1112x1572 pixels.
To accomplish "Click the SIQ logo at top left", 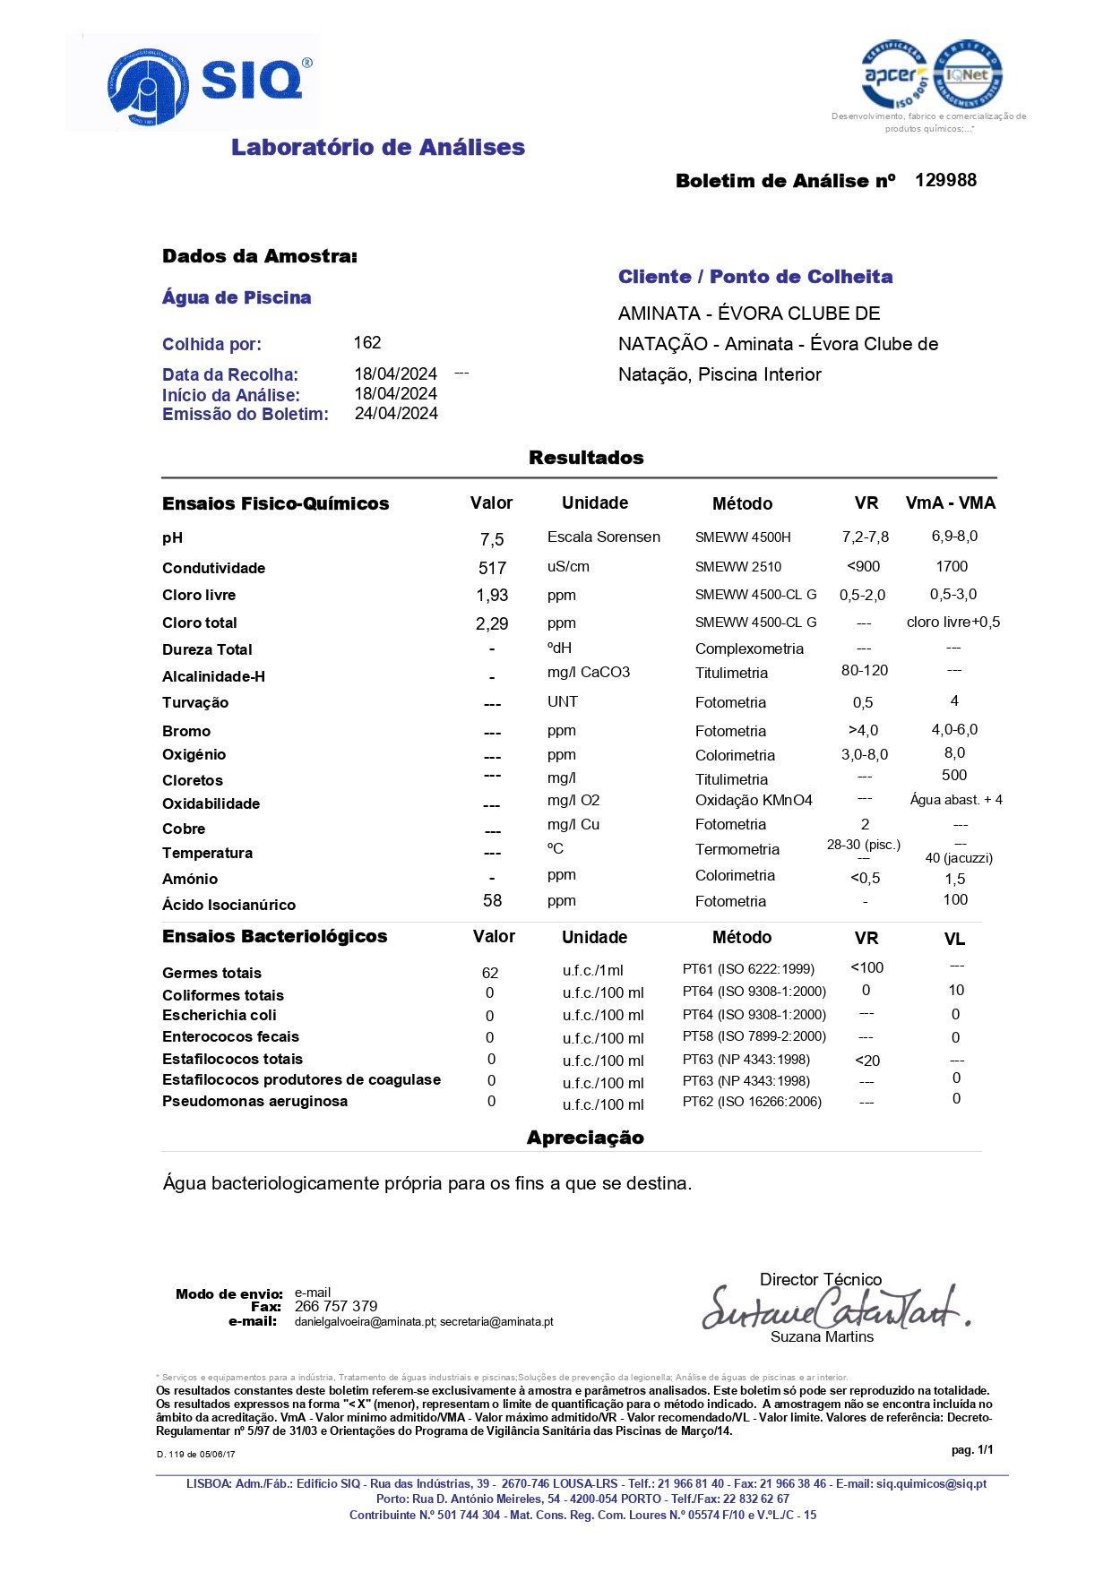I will (210, 84).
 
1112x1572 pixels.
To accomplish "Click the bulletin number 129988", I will (945, 180).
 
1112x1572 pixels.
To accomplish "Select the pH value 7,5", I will (492, 539).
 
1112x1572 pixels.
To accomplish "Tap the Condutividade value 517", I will (492, 568).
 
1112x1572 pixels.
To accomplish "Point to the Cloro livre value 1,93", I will (492, 595).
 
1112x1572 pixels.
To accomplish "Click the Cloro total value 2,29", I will (492, 623).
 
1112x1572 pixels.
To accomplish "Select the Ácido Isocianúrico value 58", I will (492, 900).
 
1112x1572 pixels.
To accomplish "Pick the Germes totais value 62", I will (490, 973).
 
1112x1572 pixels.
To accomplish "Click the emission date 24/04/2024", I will (396, 413).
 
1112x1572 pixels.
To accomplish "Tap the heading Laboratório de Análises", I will (377, 147).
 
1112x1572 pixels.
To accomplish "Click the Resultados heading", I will (586, 458).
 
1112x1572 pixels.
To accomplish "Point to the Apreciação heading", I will (585, 1138).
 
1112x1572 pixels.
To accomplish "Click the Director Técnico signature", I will (834, 1308).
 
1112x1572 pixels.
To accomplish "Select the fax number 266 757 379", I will (336, 1306).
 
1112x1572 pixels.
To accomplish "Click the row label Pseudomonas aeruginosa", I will (254, 1101).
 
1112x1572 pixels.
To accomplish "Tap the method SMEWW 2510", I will (738, 567).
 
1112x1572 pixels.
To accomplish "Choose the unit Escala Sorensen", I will (604, 537).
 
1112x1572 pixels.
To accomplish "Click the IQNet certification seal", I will (968, 75).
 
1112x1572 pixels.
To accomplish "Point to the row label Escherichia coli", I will (220, 1015).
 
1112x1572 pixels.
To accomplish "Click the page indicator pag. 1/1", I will (972, 1449).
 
